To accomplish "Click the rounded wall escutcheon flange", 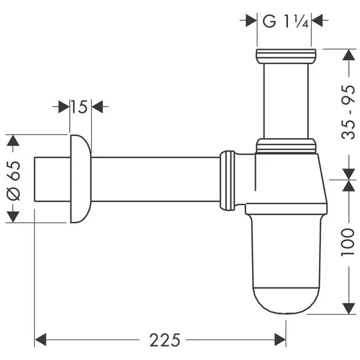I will click(x=79, y=179).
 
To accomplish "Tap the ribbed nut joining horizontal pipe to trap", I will click(x=228, y=179).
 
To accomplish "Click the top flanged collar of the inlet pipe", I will click(x=286, y=55).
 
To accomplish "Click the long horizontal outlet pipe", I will click(x=155, y=179).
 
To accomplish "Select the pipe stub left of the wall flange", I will click(x=52, y=179).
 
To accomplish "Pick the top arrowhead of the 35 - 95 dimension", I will click(x=348, y=56).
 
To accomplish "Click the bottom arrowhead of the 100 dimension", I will click(x=348, y=308).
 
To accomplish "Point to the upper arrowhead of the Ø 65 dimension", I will click(x=13, y=141).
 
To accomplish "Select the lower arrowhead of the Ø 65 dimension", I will click(x=13, y=217).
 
